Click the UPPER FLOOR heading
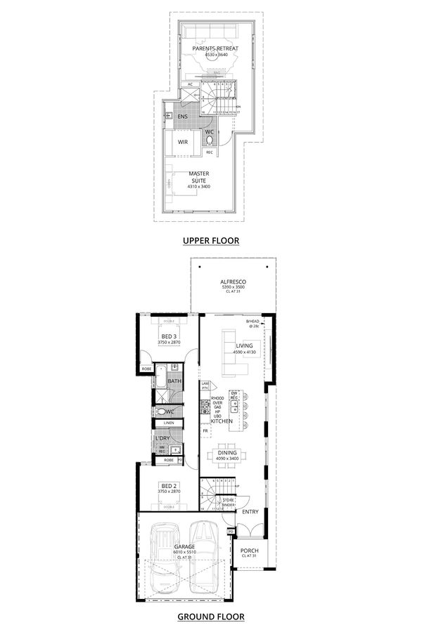click(211, 241)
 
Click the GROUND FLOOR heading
click(211, 617)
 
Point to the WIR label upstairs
click(182, 142)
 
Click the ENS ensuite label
click(182, 117)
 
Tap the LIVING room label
click(244, 346)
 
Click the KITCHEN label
click(222, 421)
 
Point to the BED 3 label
click(169, 337)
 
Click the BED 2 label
click(169, 486)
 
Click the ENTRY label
click(250, 512)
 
